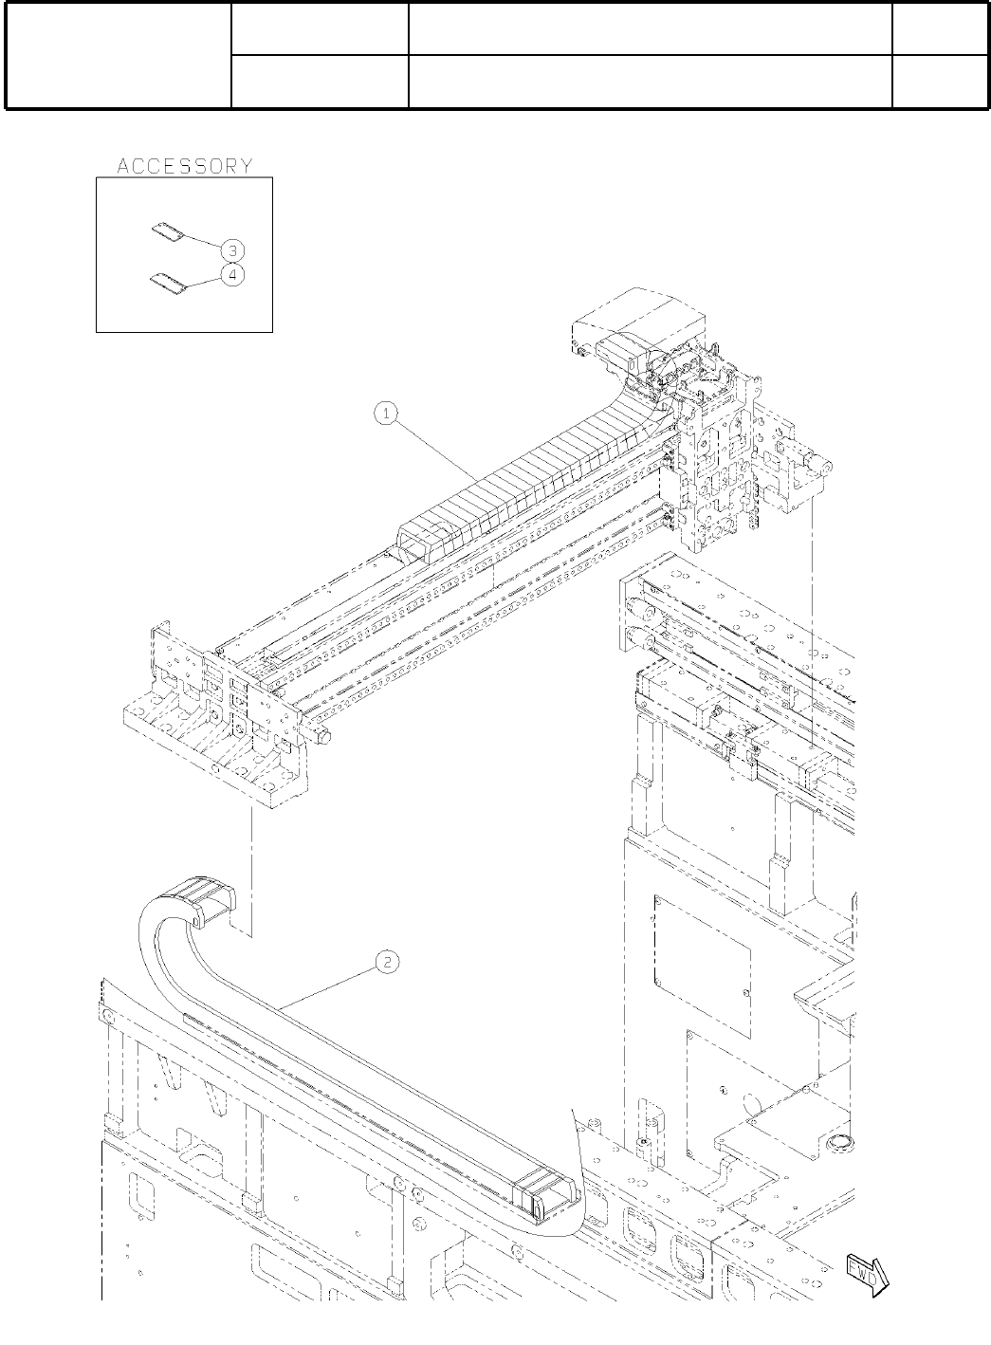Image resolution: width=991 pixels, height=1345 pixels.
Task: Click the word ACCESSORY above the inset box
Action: (185, 166)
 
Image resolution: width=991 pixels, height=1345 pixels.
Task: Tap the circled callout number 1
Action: (386, 413)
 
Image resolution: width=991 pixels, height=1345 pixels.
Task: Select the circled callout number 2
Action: (386, 962)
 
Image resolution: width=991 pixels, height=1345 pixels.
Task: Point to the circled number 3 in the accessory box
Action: (232, 250)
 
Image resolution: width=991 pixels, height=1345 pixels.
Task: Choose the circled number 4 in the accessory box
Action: (232, 274)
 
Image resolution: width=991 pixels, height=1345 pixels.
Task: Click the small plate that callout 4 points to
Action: (167, 282)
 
